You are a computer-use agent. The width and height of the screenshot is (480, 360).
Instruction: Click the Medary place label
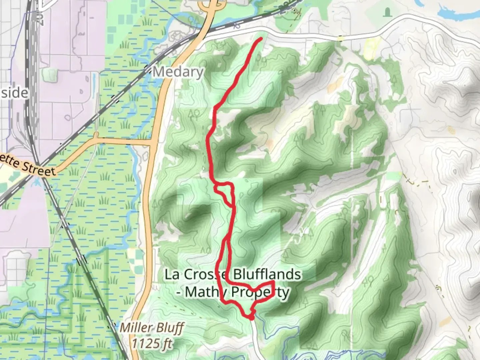click(x=178, y=72)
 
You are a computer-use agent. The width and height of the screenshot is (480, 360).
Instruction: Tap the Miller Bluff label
click(x=152, y=328)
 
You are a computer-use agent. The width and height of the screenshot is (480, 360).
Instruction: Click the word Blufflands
click(x=267, y=275)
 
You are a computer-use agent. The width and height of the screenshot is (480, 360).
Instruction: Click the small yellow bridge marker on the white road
click(x=340, y=39)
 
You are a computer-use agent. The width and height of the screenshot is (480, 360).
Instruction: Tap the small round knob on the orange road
click(x=96, y=135)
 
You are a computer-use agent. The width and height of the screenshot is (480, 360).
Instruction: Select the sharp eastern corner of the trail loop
click(x=274, y=283)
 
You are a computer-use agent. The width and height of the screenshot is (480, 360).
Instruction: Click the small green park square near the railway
click(x=51, y=74)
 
